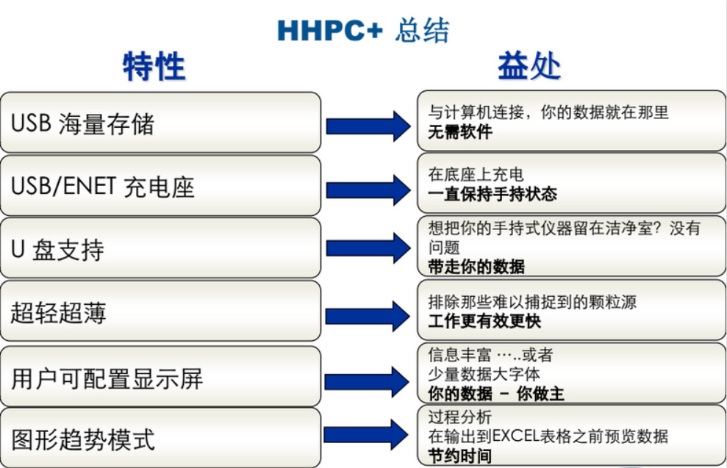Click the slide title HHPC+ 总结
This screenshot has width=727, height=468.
click(x=363, y=31)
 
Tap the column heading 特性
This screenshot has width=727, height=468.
click(x=154, y=66)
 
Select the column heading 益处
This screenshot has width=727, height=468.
click(x=529, y=66)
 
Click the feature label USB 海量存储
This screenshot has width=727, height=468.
click(x=82, y=123)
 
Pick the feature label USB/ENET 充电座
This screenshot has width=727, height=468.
click(x=102, y=187)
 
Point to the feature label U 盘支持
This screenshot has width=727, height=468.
click(x=57, y=250)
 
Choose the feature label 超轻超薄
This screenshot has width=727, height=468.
click(x=58, y=313)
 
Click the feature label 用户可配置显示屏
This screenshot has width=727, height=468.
click(x=107, y=378)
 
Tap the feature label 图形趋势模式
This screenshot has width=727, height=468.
click(x=83, y=440)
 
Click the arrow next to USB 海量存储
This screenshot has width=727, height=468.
click(x=368, y=126)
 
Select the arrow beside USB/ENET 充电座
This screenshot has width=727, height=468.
click(x=368, y=190)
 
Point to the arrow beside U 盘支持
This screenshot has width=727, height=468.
click(x=368, y=248)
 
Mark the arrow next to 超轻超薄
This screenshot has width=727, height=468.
click(x=368, y=317)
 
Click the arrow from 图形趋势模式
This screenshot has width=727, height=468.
click(x=366, y=435)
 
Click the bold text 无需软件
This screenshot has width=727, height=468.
click(x=460, y=132)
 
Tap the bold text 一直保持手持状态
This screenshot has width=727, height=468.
click(x=493, y=194)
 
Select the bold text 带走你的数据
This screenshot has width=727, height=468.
click(x=476, y=267)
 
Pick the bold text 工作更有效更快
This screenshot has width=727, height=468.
click(x=484, y=320)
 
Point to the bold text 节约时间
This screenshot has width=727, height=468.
click(x=460, y=456)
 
